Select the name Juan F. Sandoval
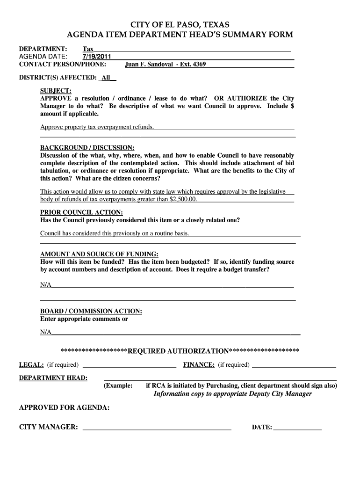pyautogui.click(x=147, y=65)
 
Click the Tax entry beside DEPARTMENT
pyautogui.click(x=88, y=49)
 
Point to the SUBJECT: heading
pyautogui.click(x=56, y=90)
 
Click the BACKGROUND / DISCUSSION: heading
pyautogui.click(x=87, y=147)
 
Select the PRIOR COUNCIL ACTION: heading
pyautogui.click(x=82, y=212)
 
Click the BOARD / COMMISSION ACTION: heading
pyautogui.click(x=91, y=311)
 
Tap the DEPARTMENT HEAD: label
pyautogui.click(x=53, y=378)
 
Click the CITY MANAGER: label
pyautogui.click(x=48, y=428)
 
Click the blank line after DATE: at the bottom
pyautogui.click(x=298, y=428)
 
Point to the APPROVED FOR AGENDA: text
pyautogui.click(x=64, y=408)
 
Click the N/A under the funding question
pyautogui.click(x=46, y=285)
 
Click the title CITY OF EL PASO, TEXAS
pyautogui.click(x=180, y=25)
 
